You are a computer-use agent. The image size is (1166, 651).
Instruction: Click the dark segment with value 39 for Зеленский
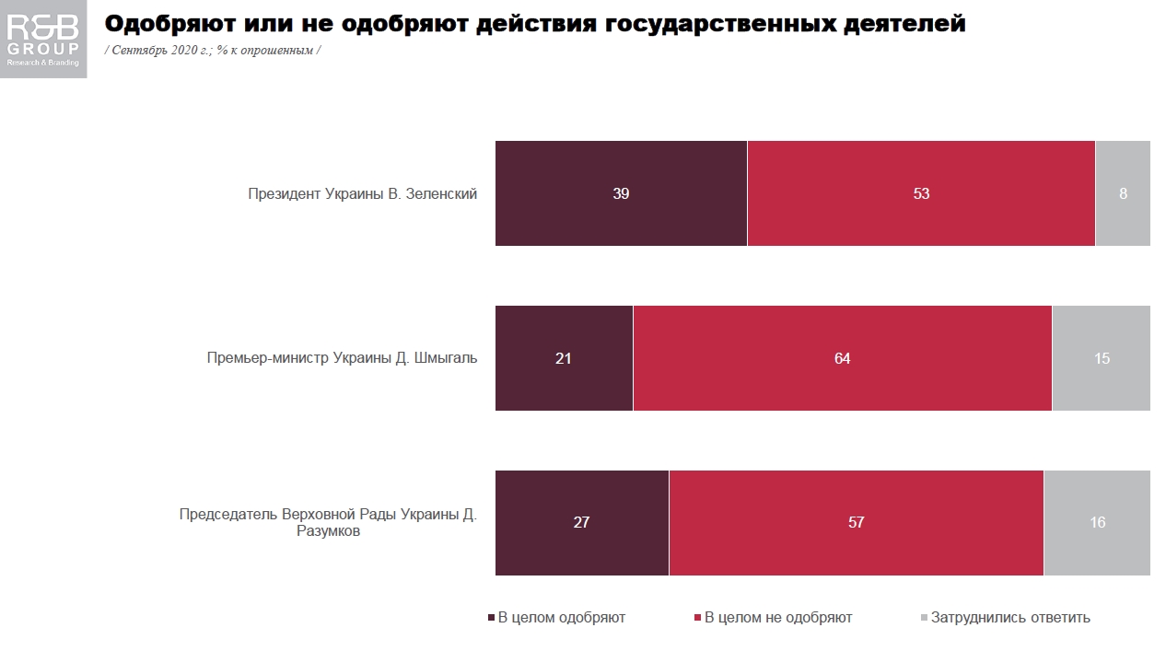click(x=621, y=193)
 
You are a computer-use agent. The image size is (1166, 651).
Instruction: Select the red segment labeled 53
click(x=921, y=193)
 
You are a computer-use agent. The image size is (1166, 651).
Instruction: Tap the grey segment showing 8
click(x=1123, y=193)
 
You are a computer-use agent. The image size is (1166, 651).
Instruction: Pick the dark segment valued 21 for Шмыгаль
click(x=564, y=358)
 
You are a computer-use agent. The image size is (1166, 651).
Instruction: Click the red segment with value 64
click(x=842, y=358)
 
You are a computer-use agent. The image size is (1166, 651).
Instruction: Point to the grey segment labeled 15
click(x=1102, y=358)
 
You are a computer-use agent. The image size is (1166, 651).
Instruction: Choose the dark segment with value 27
click(x=581, y=522)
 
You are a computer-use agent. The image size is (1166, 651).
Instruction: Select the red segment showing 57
click(x=856, y=522)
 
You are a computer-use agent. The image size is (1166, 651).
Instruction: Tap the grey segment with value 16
click(x=1097, y=522)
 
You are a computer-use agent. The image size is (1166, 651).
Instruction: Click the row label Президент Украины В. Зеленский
click(x=362, y=194)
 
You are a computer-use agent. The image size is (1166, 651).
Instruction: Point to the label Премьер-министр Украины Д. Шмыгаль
click(x=342, y=358)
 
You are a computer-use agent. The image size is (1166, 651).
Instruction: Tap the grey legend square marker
click(x=924, y=618)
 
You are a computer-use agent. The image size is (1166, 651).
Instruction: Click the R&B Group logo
click(x=43, y=39)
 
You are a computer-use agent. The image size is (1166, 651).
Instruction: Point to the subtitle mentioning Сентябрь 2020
click(x=213, y=50)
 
